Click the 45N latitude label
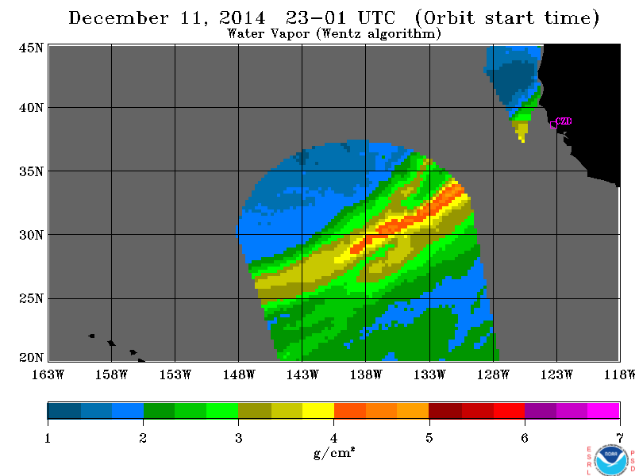coord(31,48)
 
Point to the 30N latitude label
coord(31,235)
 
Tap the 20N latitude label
coord(31,358)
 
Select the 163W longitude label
coord(48,374)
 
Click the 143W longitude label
coord(302,374)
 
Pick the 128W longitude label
coord(493,374)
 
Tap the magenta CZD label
coord(564,121)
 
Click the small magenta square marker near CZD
coord(553,125)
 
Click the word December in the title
coord(118,18)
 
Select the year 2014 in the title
coord(242,18)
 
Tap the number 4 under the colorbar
coord(333,438)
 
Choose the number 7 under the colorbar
coord(620,438)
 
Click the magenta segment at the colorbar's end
coord(603,410)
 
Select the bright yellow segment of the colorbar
coord(318,410)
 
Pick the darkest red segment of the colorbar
coord(445,410)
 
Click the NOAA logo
coord(611,460)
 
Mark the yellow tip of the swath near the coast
coord(523,140)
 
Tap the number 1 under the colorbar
coord(48,438)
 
